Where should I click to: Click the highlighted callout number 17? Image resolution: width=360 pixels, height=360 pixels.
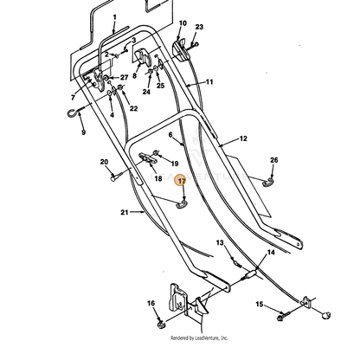tap(182, 181)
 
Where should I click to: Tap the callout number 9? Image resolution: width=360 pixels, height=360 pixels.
tap(83, 132)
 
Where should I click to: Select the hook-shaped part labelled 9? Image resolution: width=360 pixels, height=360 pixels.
tap(74, 112)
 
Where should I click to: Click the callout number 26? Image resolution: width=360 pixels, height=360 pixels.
tap(273, 160)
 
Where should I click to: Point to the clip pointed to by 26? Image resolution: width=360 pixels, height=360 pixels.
tap(268, 183)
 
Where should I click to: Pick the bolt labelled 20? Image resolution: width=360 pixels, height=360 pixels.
tap(117, 176)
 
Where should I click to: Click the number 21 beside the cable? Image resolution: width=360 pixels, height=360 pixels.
tap(124, 212)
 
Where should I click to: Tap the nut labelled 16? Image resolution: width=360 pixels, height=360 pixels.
tap(161, 325)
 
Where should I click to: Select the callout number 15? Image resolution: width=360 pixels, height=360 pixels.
tap(260, 304)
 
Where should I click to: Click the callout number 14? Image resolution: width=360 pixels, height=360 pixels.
tap(271, 253)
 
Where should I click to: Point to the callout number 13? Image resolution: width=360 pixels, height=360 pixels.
tap(220, 242)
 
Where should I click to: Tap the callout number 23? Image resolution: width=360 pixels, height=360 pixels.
tap(199, 27)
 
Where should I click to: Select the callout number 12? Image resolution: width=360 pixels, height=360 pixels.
tap(243, 138)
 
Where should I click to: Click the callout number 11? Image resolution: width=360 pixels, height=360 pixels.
tap(209, 82)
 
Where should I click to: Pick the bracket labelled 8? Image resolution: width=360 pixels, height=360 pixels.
tap(144, 57)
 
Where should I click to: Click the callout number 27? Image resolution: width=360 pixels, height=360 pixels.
tap(124, 77)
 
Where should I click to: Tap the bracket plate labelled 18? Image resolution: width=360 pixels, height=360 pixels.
tap(148, 158)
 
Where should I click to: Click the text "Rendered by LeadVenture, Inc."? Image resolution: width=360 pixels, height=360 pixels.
tap(199, 337)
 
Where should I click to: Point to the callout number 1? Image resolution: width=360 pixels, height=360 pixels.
tap(114, 17)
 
